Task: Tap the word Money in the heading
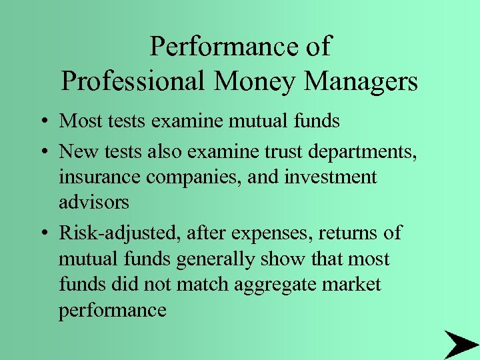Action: point(252,81)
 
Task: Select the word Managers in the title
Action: point(361,81)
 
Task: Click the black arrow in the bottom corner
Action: point(460,344)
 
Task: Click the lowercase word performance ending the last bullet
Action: point(113,311)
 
